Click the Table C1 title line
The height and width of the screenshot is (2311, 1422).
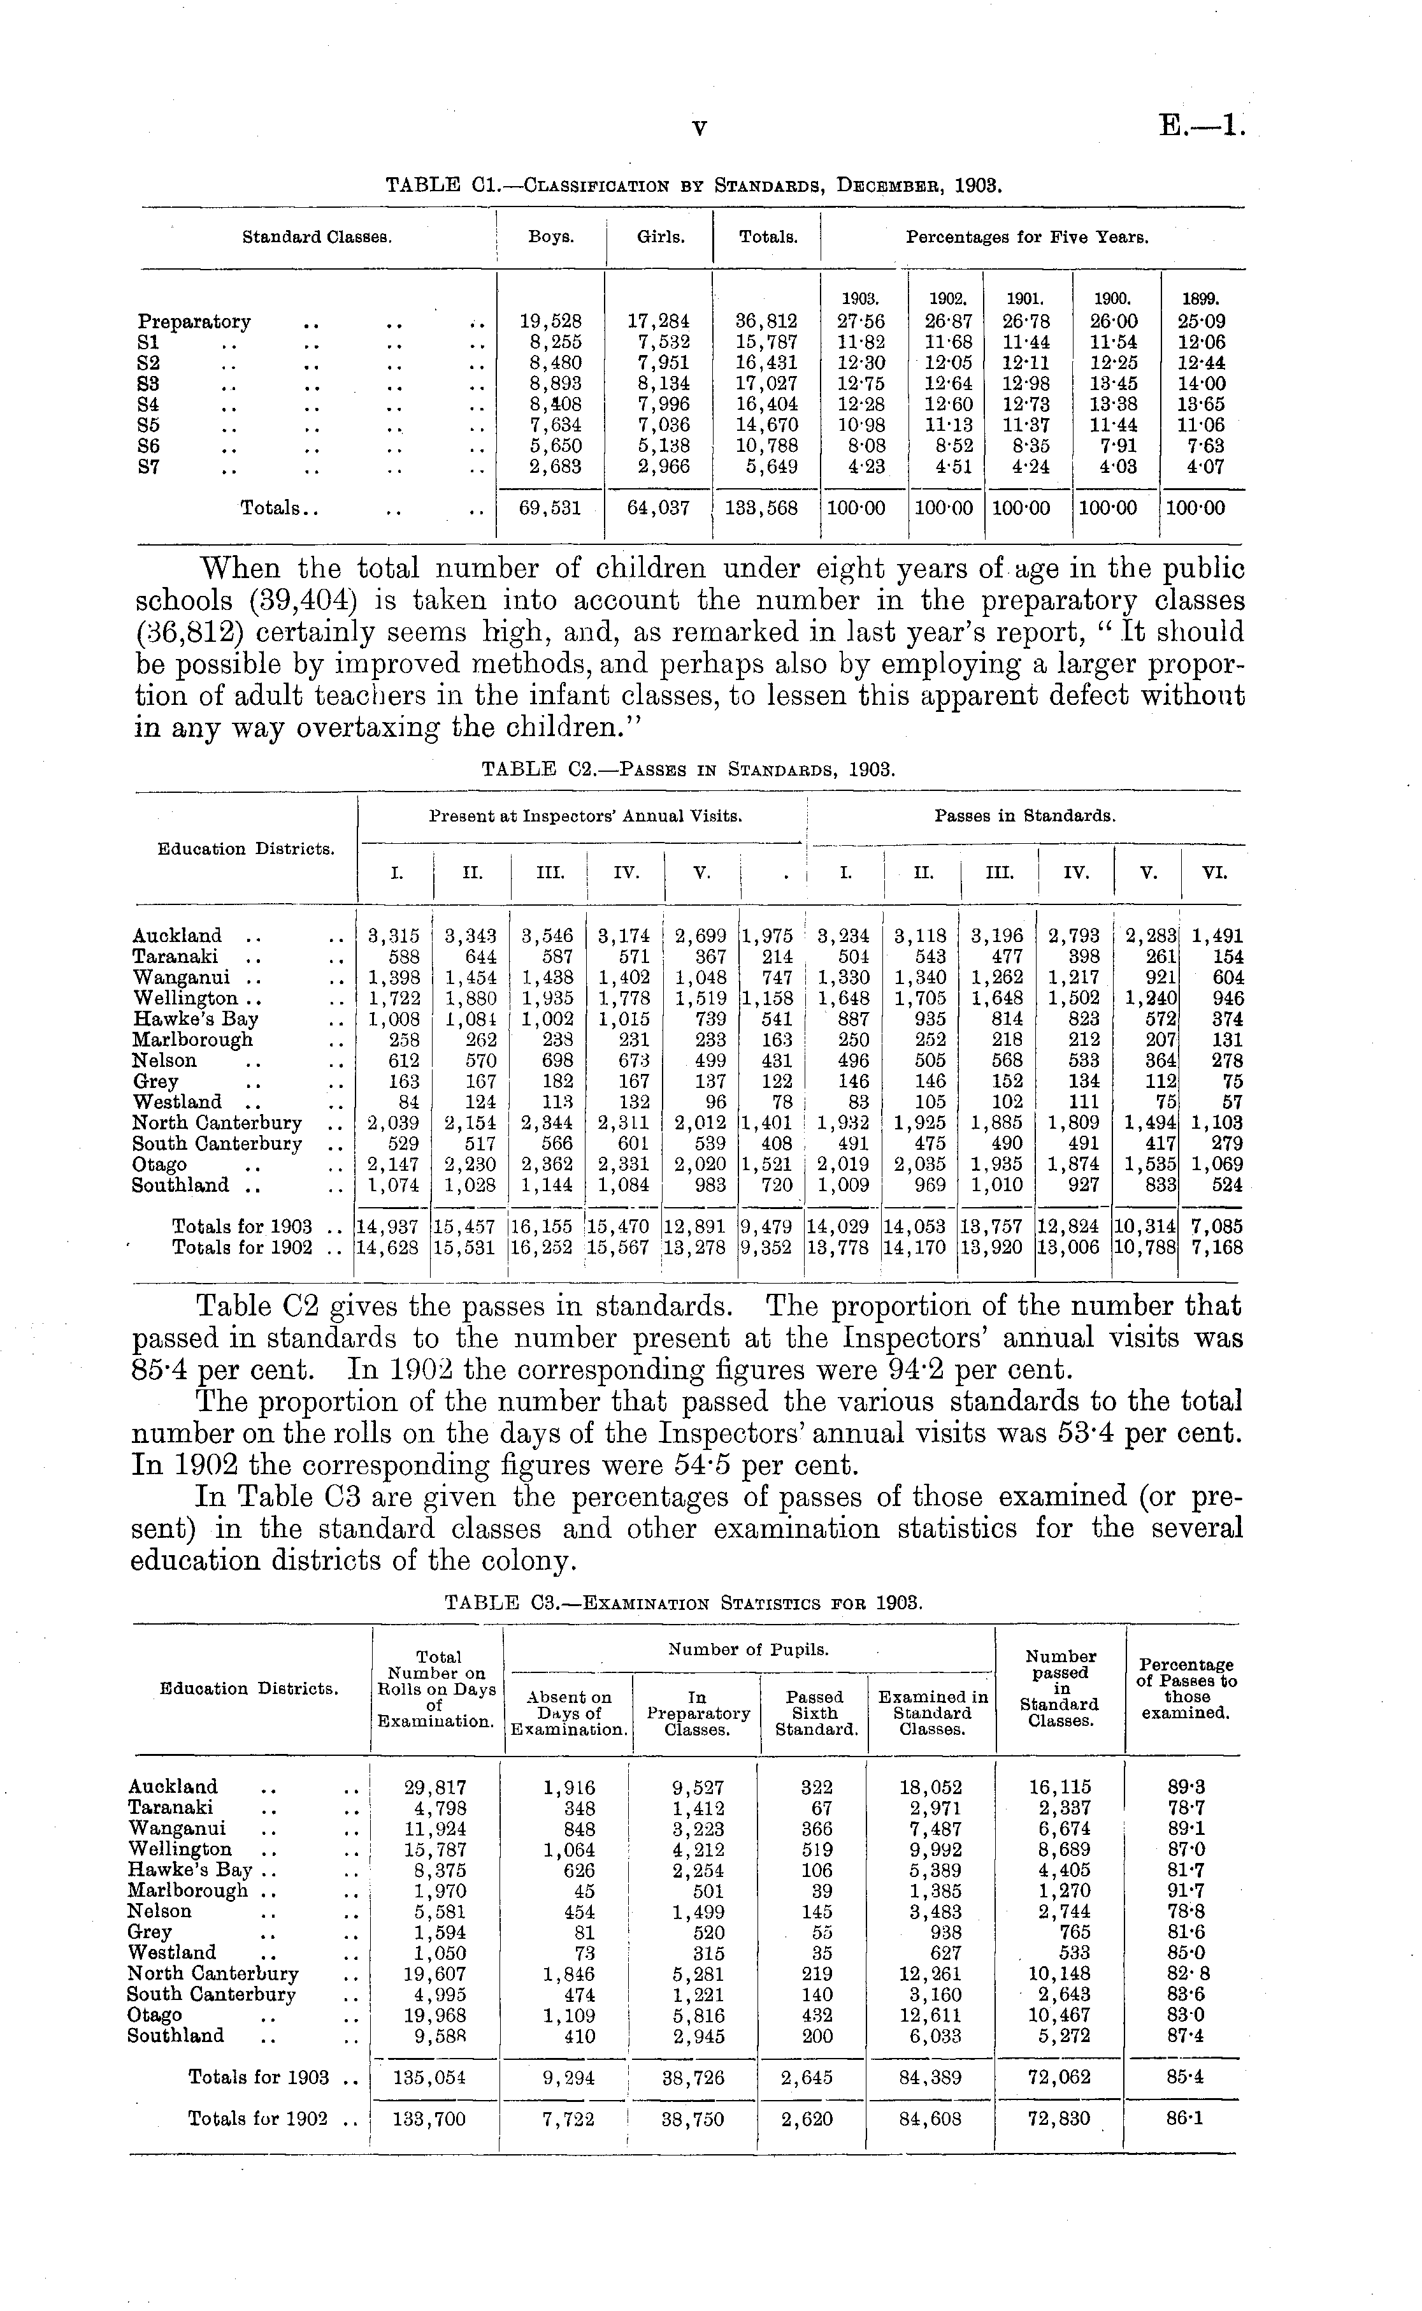(x=694, y=185)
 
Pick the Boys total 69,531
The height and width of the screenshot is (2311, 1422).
(x=551, y=509)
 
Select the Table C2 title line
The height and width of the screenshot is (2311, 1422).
(x=689, y=769)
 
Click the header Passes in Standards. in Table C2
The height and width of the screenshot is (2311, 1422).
(x=1024, y=816)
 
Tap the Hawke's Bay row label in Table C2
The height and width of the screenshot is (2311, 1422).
(x=196, y=1018)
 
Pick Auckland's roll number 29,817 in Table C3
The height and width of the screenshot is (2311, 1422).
(x=434, y=1787)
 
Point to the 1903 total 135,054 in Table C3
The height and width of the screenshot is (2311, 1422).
(x=434, y=2077)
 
